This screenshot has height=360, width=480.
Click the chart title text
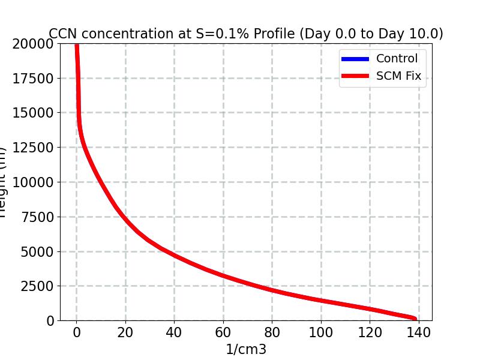pyautogui.click(x=245, y=34)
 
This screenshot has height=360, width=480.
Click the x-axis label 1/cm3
pyautogui.click(x=245, y=349)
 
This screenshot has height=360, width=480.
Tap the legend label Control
pyautogui.click(x=397, y=59)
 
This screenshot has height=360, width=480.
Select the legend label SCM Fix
pyautogui.click(x=398, y=77)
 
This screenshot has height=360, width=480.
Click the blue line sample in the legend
pyautogui.click(x=355, y=59)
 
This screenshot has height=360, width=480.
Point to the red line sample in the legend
pyautogui.click(x=355, y=77)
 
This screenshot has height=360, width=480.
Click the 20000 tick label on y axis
pyautogui.click(x=32, y=43)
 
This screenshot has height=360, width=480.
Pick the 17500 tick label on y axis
pyautogui.click(x=32, y=78)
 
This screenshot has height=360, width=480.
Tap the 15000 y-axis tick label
pyautogui.click(x=32, y=113)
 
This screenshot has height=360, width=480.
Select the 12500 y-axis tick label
pyautogui.click(x=32, y=148)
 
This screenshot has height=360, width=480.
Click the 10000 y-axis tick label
pyautogui.click(x=32, y=182)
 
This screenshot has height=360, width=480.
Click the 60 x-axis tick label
pyautogui.click(x=223, y=333)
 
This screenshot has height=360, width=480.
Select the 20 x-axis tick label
pyautogui.click(x=125, y=333)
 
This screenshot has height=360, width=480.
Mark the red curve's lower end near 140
pyautogui.click(x=414, y=319)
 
